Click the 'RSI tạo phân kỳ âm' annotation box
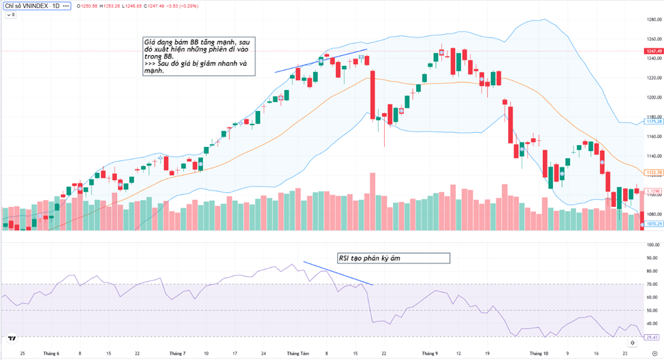[393, 259]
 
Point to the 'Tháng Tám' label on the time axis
[298, 354]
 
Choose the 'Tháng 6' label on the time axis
[51, 354]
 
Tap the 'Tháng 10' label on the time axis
[538, 354]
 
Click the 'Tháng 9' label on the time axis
[428, 354]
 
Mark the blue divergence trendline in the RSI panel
[338, 273]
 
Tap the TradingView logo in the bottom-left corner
[11, 338]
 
